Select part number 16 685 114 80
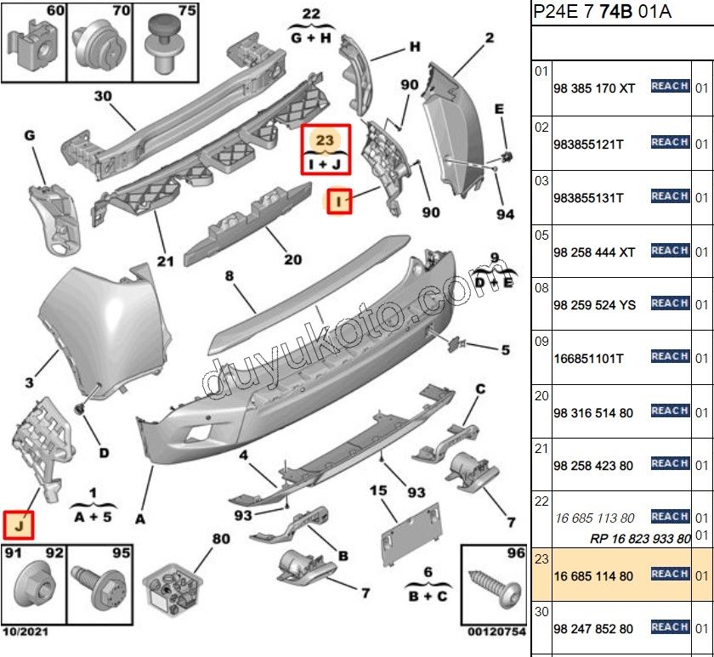[592, 576]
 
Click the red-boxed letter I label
[340, 202]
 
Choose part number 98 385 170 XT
[593, 88]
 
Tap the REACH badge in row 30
[669, 627]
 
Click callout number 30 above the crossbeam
[103, 96]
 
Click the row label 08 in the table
[541, 288]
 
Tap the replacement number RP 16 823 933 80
[639, 539]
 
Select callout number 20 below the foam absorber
[292, 260]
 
